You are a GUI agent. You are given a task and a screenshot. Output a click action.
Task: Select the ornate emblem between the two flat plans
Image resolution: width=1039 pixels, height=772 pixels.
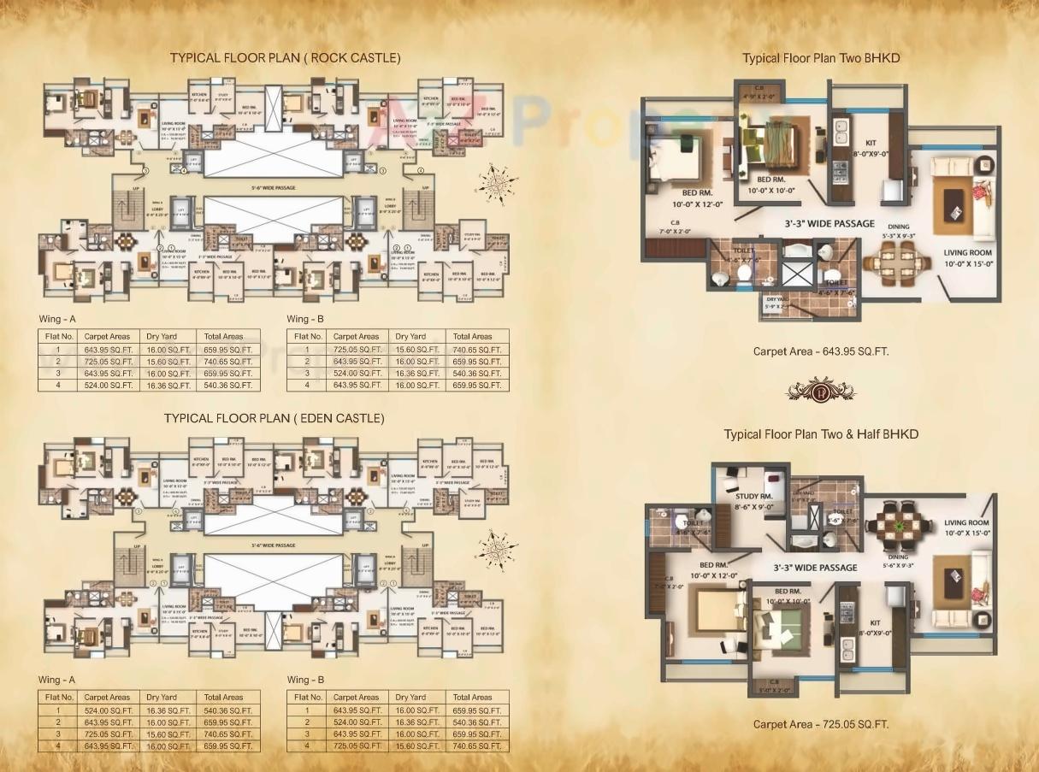click(x=821, y=391)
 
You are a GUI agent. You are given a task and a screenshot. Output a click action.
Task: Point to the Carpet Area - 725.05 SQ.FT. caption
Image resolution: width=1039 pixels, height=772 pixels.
click(x=821, y=724)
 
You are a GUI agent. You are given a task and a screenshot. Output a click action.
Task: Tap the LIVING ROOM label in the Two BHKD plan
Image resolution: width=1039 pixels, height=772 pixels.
click(x=967, y=253)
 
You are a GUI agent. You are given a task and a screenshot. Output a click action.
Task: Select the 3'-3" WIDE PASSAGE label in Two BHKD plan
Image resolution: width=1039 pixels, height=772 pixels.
click(x=829, y=224)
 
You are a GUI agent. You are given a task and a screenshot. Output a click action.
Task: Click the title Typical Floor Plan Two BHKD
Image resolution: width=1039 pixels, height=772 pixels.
click(x=821, y=58)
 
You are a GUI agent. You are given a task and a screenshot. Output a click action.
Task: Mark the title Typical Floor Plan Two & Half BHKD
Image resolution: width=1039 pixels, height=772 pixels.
click(x=821, y=434)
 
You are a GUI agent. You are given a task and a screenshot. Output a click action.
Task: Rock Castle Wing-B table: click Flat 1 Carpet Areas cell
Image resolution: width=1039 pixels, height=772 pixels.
click(x=357, y=349)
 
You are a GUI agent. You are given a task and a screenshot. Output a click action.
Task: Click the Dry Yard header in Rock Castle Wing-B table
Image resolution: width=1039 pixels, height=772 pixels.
click(x=410, y=336)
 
